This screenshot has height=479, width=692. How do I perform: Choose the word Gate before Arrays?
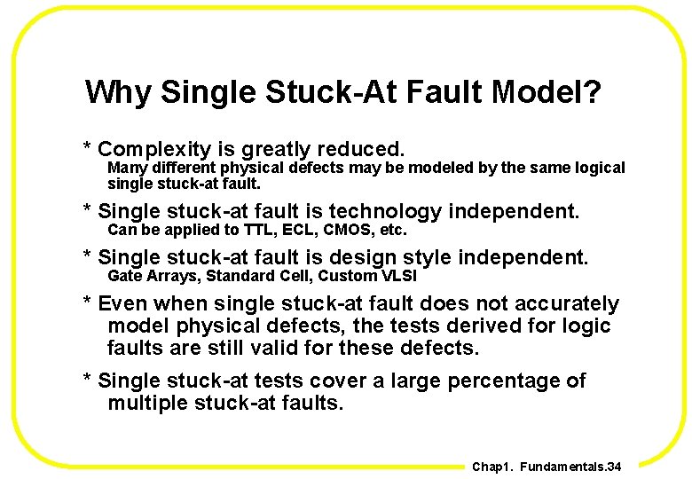[x=125, y=276]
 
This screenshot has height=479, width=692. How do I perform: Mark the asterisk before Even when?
[x=87, y=302]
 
